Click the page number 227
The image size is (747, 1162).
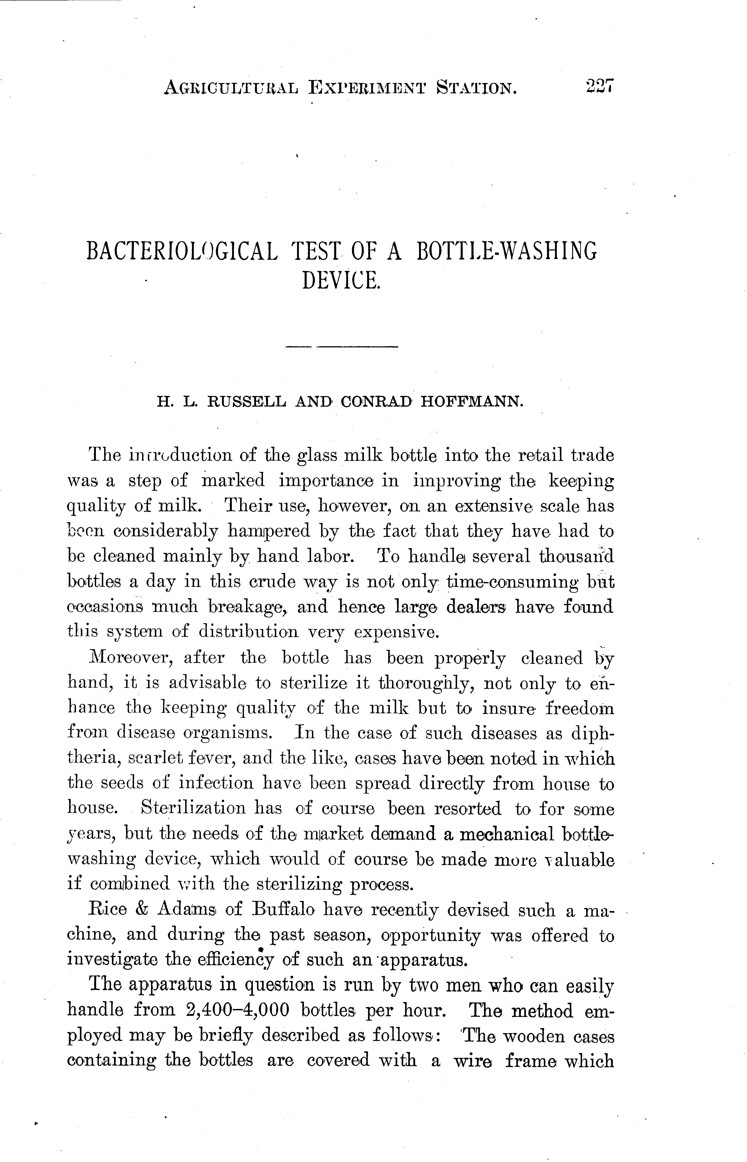600,86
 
